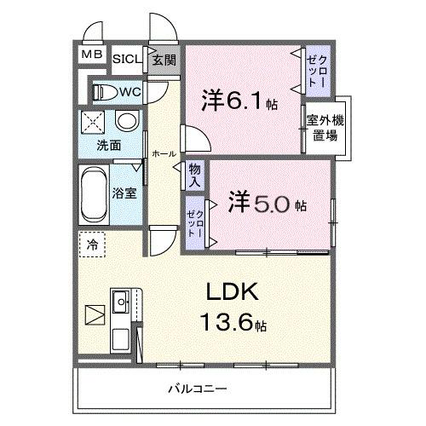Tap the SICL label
click(x=124, y=59)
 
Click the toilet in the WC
click(x=103, y=91)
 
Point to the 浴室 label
click(x=124, y=193)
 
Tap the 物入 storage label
click(x=194, y=175)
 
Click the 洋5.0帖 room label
click(x=268, y=204)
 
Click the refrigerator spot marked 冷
click(x=92, y=245)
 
